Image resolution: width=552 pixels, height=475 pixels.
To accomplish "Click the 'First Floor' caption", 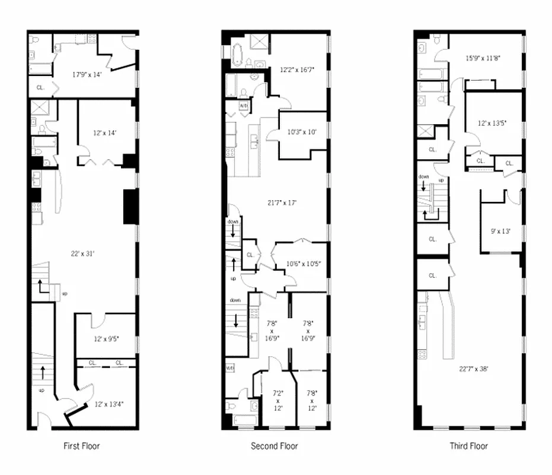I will pos(82,445).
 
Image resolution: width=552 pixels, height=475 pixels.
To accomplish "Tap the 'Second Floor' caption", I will pos(275,445).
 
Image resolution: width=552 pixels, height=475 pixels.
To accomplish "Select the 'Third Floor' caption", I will pos(468,445).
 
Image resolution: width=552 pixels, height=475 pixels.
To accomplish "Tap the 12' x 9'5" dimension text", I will pos(106,339).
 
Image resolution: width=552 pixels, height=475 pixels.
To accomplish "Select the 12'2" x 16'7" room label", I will pos(298,69).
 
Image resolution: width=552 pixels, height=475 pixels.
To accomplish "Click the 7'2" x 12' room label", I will pos(277,400).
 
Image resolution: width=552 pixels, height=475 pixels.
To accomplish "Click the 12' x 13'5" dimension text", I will pos(492,123).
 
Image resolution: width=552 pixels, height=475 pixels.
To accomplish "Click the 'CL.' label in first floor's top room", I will pos(40,87).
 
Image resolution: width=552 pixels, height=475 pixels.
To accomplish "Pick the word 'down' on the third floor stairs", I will pos(423,177).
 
